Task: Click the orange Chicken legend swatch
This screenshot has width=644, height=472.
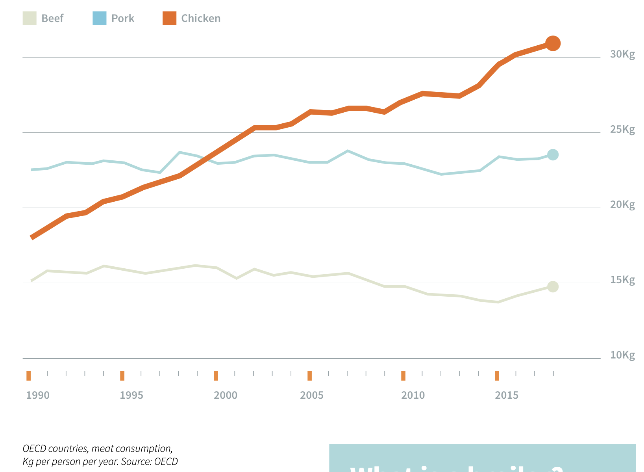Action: (x=169, y=19)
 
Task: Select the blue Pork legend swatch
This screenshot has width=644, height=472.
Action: (x=99, y=19)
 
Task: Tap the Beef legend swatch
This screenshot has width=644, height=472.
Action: (x=30, y=19)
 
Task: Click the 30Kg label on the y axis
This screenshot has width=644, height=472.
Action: (x=622, y=54)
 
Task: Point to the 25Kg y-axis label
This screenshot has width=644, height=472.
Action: (x=622, y=130)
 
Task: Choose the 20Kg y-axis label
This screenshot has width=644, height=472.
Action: (x=622, y=205)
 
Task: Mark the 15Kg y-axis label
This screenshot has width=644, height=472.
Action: (x=622, y=280)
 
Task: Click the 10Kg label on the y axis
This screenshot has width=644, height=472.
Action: (x=622, y=355)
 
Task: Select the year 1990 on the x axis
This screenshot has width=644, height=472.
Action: (x=38, y=395)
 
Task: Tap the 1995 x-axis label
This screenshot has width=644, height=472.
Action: (x=131, y=395)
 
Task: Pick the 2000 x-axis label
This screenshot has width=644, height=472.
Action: (x=226, y=395)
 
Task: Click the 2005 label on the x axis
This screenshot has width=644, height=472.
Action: (x=312, y=395)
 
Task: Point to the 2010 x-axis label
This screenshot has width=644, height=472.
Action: (x=413, y=395)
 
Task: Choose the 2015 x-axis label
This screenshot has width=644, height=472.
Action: (x=507, y=395)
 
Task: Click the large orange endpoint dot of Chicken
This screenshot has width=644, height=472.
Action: (x=553, y=43)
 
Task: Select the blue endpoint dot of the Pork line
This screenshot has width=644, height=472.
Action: (x=553, y=155)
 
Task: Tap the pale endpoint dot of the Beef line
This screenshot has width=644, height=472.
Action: (x=553, y=287)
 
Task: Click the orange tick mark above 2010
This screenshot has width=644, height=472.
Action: (x=403, y=376)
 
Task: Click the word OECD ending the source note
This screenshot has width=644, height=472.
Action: (x=166, y=461)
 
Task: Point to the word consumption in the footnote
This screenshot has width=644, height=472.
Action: (x=146, y=449)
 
